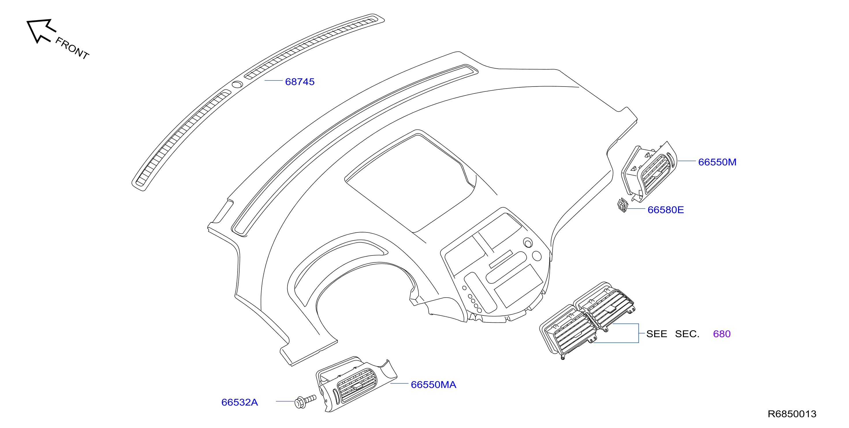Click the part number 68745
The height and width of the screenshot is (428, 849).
(300, 82)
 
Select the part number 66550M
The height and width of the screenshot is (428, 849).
(717, 162)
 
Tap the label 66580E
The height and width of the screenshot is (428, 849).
(665, 210)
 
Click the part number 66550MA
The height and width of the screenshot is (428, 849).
(433, 384)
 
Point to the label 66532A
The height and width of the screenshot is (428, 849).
(240, 402)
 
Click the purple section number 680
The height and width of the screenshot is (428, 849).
(722, 334)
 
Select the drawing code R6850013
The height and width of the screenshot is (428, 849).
(792, 414)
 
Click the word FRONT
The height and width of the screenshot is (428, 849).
(72, 48)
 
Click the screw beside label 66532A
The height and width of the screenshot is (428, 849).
(305, 401)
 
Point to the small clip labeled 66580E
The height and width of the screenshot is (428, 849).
(623, 205)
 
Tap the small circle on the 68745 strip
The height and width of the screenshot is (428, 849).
(237, 85)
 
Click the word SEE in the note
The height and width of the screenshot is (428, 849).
(656, 334)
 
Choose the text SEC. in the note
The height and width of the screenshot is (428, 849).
(687, 334)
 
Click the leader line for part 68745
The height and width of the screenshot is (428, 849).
(274, 80)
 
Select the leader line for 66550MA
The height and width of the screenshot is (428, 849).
(400, 383)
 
